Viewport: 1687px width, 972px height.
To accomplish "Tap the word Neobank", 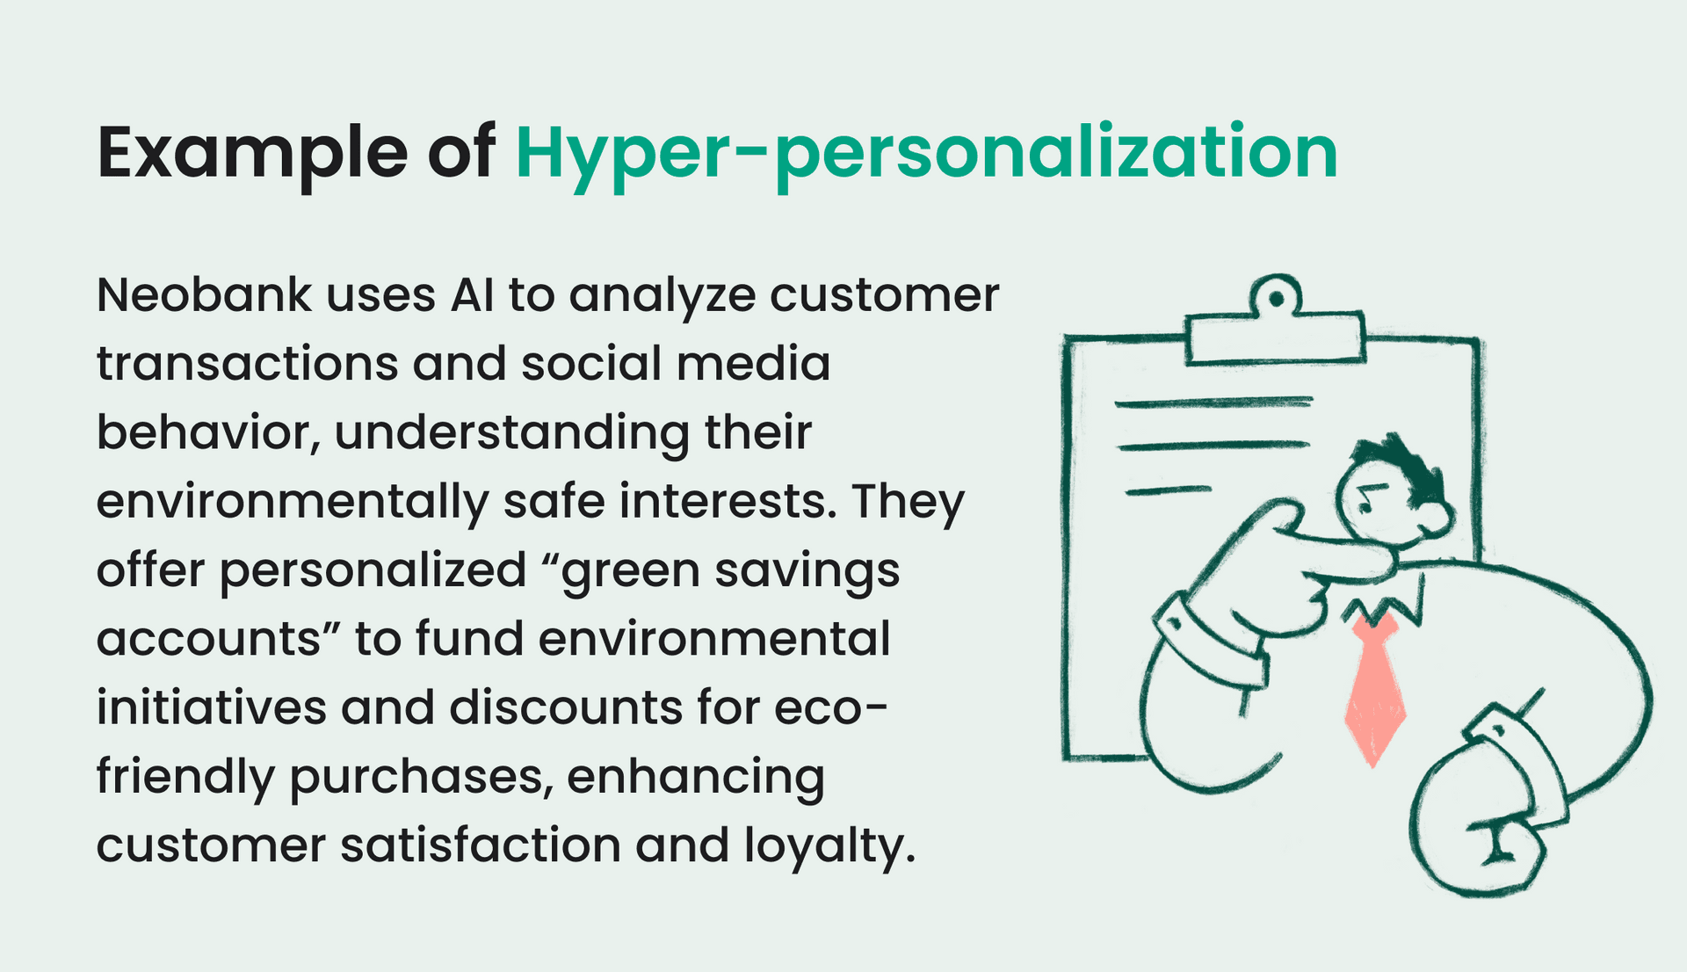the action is click(204, 295).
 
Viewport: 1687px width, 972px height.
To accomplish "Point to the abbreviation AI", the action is click(473, 295).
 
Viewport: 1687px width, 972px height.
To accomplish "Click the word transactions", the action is click(247, 364).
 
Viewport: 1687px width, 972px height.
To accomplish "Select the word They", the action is click(908, 501).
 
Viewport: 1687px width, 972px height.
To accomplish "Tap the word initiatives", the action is click(212, 707).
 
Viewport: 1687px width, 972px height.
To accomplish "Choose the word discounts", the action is click(566, 707).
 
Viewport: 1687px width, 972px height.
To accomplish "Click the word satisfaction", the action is click(481, 845).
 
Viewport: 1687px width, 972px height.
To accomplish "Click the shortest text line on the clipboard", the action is click(1168, 490).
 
